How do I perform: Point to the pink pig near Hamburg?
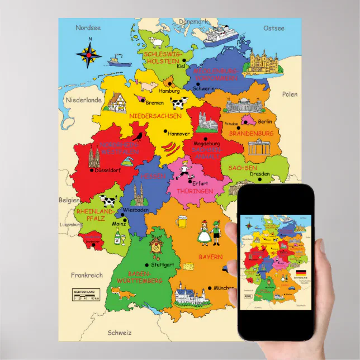pyautogui.click(x=148, y=85)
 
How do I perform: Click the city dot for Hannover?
pyautogui.click(x=165, y=132)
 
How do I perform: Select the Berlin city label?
pyautogui.click(x=265, y=121)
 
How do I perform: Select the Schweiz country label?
pyautogui.click(x=120, y=332)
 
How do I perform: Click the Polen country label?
pyautogui.click(x=290, y=94)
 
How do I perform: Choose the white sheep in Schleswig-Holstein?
pyautogui.click(x=156, y=42)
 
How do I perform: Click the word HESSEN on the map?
pyautogui.click(x=154, y=176)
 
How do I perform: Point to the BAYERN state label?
pyautogui.click(x=211, y=257)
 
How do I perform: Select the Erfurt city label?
pyautogui.click(x=200, y=182)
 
